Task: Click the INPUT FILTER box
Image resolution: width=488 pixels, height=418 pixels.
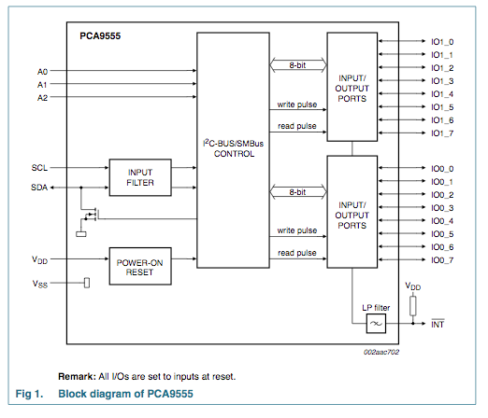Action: coord(140,177)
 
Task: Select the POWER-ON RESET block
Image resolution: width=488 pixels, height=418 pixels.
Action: coord(140,266)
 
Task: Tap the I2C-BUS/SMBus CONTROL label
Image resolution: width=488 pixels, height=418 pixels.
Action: coord(234,148)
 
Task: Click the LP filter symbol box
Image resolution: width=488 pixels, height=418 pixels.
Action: coord(376,324)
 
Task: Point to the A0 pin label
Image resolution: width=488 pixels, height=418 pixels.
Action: coord(42,72)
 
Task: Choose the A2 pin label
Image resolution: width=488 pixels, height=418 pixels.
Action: coord(42,98)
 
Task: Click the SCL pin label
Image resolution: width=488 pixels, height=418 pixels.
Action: coord(39,168)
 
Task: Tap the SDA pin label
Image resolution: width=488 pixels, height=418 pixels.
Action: coord(39,188)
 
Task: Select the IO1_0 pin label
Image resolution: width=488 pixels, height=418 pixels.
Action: coord(442,42)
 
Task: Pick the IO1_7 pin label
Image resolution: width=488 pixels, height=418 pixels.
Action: coord(442,133)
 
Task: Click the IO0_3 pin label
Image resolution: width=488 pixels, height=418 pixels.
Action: coord(442,208)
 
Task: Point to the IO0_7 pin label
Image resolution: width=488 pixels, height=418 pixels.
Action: coord(442,260)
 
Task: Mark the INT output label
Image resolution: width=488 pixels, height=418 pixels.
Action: coord(438,324)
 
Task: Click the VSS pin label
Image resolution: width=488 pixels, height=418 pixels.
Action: coord(40,284)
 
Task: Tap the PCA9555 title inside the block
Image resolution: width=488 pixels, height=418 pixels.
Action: coord(100,36)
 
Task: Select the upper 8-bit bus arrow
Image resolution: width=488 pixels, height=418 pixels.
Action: coord(298,65)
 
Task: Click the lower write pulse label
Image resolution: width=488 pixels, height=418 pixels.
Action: coord(297,230)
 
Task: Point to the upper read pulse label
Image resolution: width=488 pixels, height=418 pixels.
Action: coord(297,126)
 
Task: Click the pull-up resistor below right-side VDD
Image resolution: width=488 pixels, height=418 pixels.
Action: coord(413,306)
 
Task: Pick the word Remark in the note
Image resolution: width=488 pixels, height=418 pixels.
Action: coord(77,377)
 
